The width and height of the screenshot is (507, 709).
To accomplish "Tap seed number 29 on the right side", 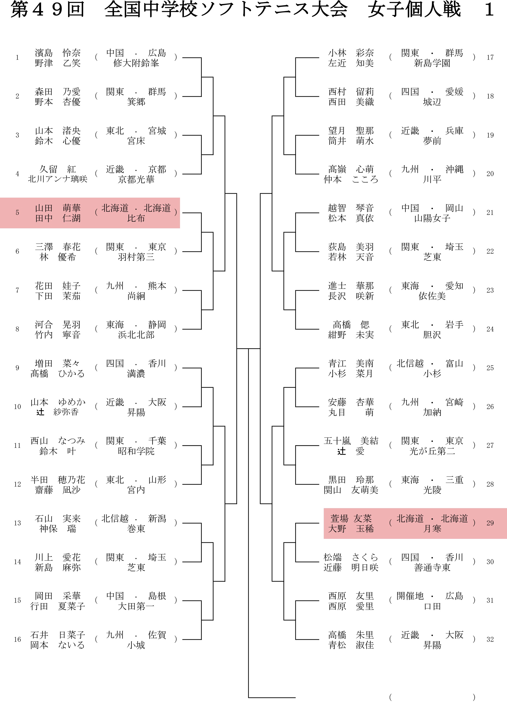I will click(x=490, y=523).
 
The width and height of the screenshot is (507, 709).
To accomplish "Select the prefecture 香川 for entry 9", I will click(x=157, y=363).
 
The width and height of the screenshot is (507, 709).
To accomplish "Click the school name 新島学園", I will click(x=432, y=63).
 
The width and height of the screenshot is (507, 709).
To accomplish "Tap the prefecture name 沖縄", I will click(x=454, y=169).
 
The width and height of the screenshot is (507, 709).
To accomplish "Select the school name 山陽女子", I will click(x=432, y=218).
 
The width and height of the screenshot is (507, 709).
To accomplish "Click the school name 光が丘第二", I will click(x=432, y=451).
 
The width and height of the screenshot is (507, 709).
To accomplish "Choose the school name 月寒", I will click(x=432, y=528).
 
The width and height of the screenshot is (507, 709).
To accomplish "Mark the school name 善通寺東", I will click(x=432, y=567).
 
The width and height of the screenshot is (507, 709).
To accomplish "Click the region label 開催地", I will click(x=410, y=596).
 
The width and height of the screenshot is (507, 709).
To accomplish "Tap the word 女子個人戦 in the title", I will click(x=414, y=10).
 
